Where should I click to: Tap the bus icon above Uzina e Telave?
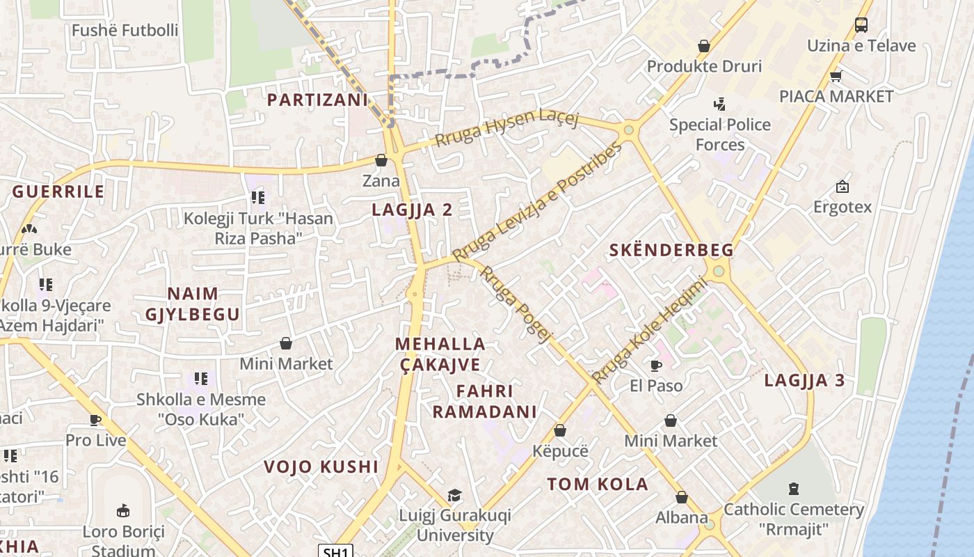(861, 25)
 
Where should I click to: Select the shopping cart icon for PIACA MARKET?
(836, 76)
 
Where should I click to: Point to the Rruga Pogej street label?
(516, 304)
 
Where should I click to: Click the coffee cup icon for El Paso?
(655, 365)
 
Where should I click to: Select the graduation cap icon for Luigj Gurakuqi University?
(454, 495)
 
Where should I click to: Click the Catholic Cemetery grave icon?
(795, 489)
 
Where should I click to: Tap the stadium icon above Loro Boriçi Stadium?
(123, 511)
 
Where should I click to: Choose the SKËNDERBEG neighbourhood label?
(671, 250)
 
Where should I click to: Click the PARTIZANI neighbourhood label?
(317, 100)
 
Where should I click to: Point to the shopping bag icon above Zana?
(381, 160)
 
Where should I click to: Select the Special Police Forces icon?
(719, 104)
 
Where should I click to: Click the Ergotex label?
(842, 207)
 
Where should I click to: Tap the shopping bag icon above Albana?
(682, 497)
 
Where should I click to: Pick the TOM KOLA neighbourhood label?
(598, 484)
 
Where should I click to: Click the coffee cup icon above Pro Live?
(95, 420)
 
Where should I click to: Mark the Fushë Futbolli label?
(125, 31)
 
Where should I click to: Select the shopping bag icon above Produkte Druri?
(704, 46)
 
